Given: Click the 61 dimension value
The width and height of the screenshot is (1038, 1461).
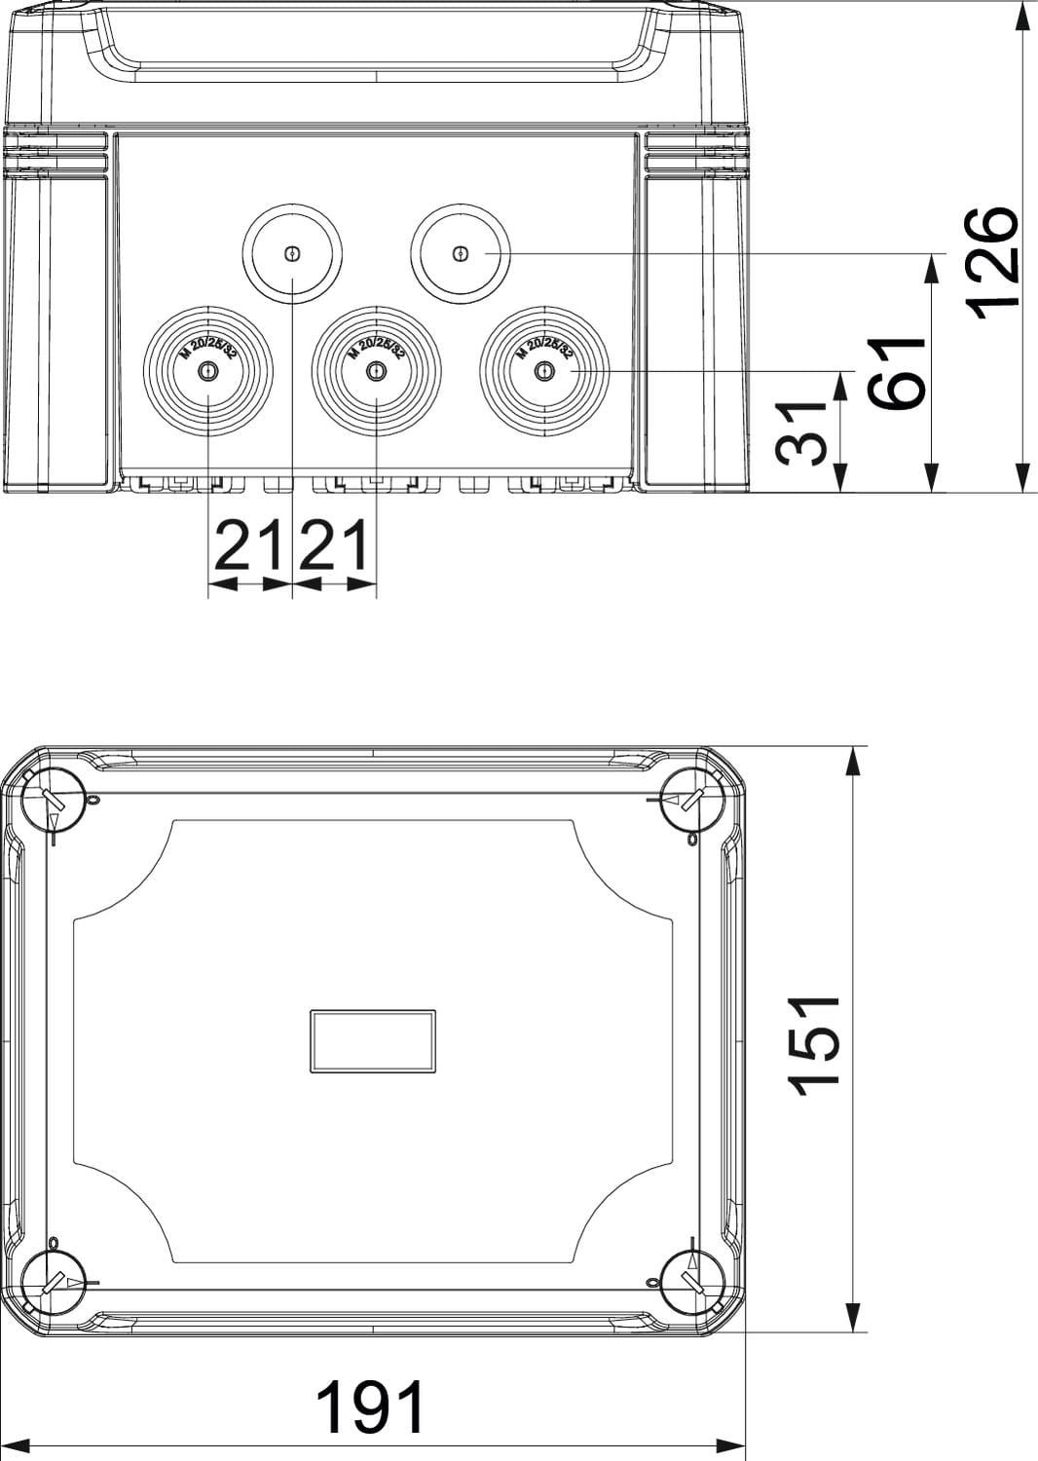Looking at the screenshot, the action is tap(897, 373).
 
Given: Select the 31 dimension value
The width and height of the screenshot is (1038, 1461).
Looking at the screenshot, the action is tap(801, 433).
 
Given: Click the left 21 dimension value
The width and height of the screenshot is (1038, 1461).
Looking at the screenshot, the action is tap(249, 545).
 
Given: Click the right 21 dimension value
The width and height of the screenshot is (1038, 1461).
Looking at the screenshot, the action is tap(333, 545).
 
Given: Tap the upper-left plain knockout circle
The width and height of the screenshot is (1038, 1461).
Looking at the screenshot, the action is tap(292, 253).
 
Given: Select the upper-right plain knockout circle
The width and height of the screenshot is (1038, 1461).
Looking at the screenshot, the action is tap(461, 253).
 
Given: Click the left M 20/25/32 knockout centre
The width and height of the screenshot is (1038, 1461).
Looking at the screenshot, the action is tap(208, 372).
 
